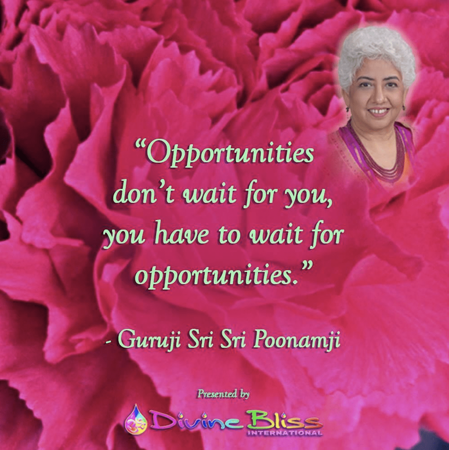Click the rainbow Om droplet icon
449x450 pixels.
coord(134,420)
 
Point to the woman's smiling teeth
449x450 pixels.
coord(378,111)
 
